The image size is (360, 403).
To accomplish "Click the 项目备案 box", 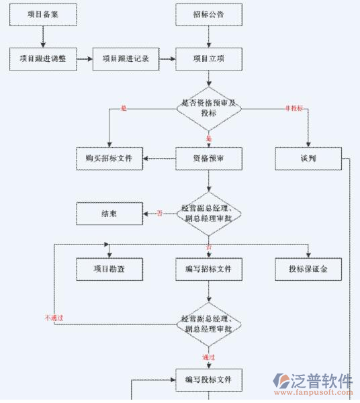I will coord(43,15).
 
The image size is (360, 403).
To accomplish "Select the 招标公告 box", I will coord(209,15).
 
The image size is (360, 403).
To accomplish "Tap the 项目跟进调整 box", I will coord(43,58).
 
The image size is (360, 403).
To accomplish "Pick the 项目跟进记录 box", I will coord(126,58).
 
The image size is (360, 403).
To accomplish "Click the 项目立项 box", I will coord(209,58).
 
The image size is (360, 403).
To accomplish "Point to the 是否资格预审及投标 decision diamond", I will coord(209,108).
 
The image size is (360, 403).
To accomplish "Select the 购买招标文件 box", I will coord(109,159).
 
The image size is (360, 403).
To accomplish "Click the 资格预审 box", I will coord(209,159).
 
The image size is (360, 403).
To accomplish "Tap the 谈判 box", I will coord(308,159).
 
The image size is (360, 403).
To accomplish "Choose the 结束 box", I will coord(109,214).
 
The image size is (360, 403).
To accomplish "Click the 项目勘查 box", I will coord(109,269).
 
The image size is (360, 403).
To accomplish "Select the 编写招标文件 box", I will coord(209,269).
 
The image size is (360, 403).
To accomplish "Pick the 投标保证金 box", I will coord(308,269).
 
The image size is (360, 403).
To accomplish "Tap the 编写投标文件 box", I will coord(209,379).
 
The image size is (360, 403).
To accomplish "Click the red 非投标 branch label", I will coord(294,108).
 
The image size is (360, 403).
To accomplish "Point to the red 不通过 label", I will coord(54,317).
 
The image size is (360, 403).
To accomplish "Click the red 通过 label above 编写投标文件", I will coord(208,357).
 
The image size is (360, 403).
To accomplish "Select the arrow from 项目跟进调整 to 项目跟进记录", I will coord(84,58).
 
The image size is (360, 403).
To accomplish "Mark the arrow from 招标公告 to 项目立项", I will coord(209,37).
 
